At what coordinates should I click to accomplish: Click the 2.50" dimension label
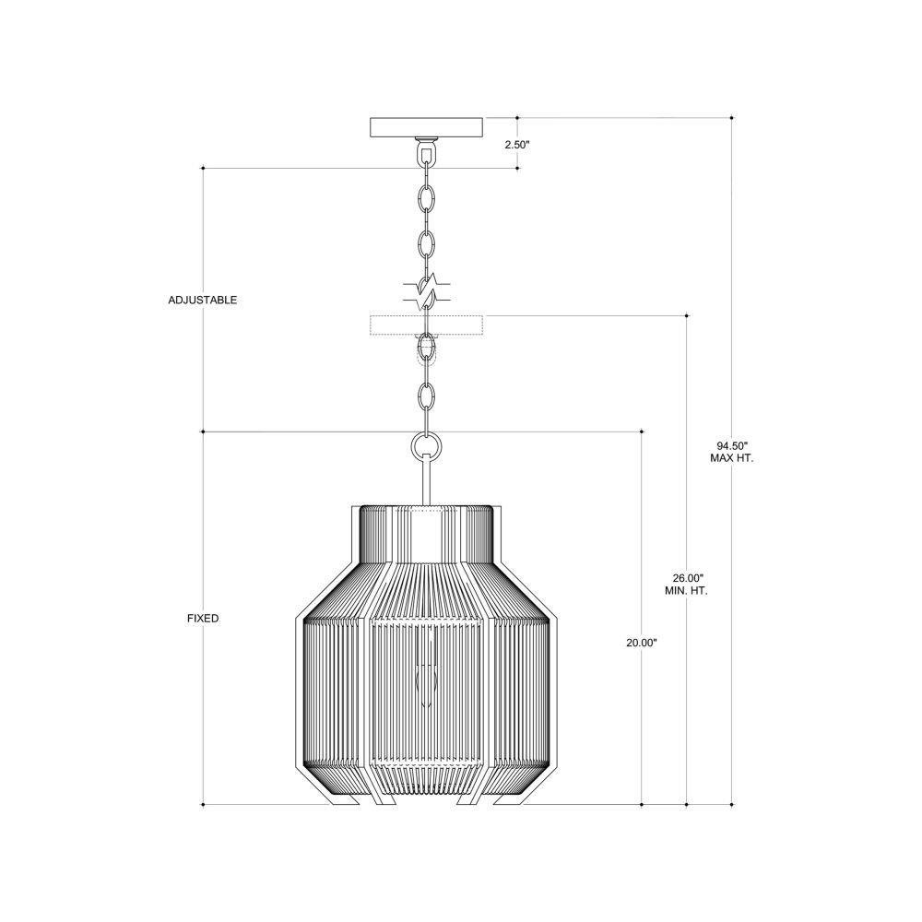tap(517, 144)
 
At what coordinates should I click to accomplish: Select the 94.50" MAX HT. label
tap(731, 452)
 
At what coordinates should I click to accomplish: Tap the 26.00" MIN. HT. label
tap(687, 585)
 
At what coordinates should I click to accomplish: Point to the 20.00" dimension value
tap(642, 643)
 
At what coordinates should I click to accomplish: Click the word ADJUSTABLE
tap(202, 300)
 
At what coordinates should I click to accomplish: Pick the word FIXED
tap(203, 619)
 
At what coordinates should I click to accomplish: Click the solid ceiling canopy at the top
tap(426, 127)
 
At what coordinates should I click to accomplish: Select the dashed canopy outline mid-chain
tap(426, 325)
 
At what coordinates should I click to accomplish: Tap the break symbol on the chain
tap(427, 291)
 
